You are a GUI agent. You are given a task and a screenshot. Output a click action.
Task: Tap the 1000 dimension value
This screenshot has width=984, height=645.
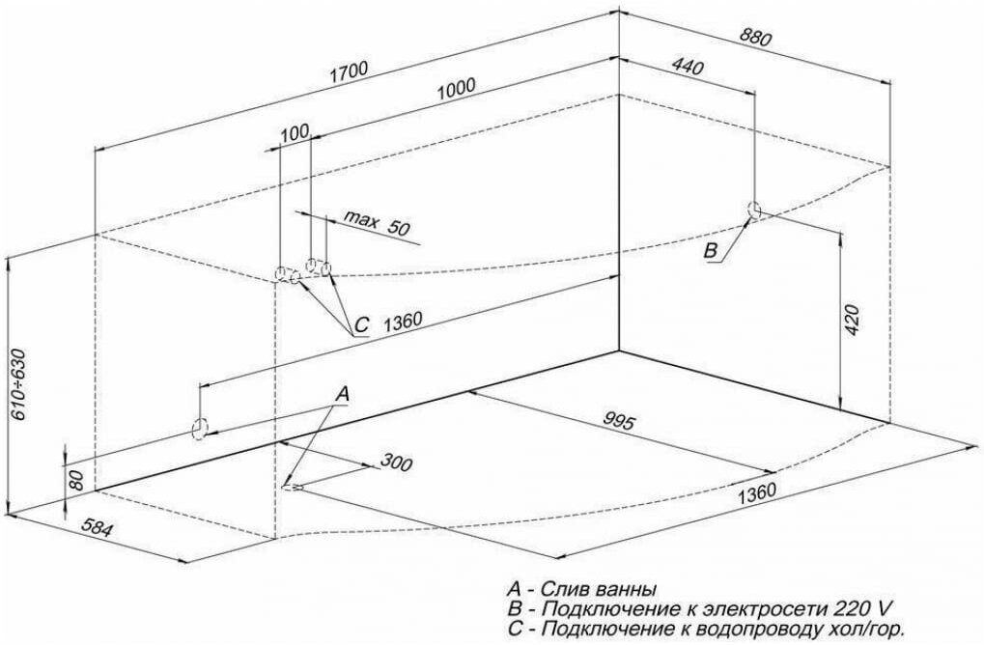click(x=456, y=88)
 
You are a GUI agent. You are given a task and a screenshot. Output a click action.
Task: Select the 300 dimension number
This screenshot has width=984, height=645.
click(x=395, y=463)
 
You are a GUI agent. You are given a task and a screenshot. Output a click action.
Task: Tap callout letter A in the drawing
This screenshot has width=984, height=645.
click(x=341, y=393)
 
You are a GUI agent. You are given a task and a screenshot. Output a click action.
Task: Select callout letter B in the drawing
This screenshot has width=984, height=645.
click(x=710, y=251)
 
